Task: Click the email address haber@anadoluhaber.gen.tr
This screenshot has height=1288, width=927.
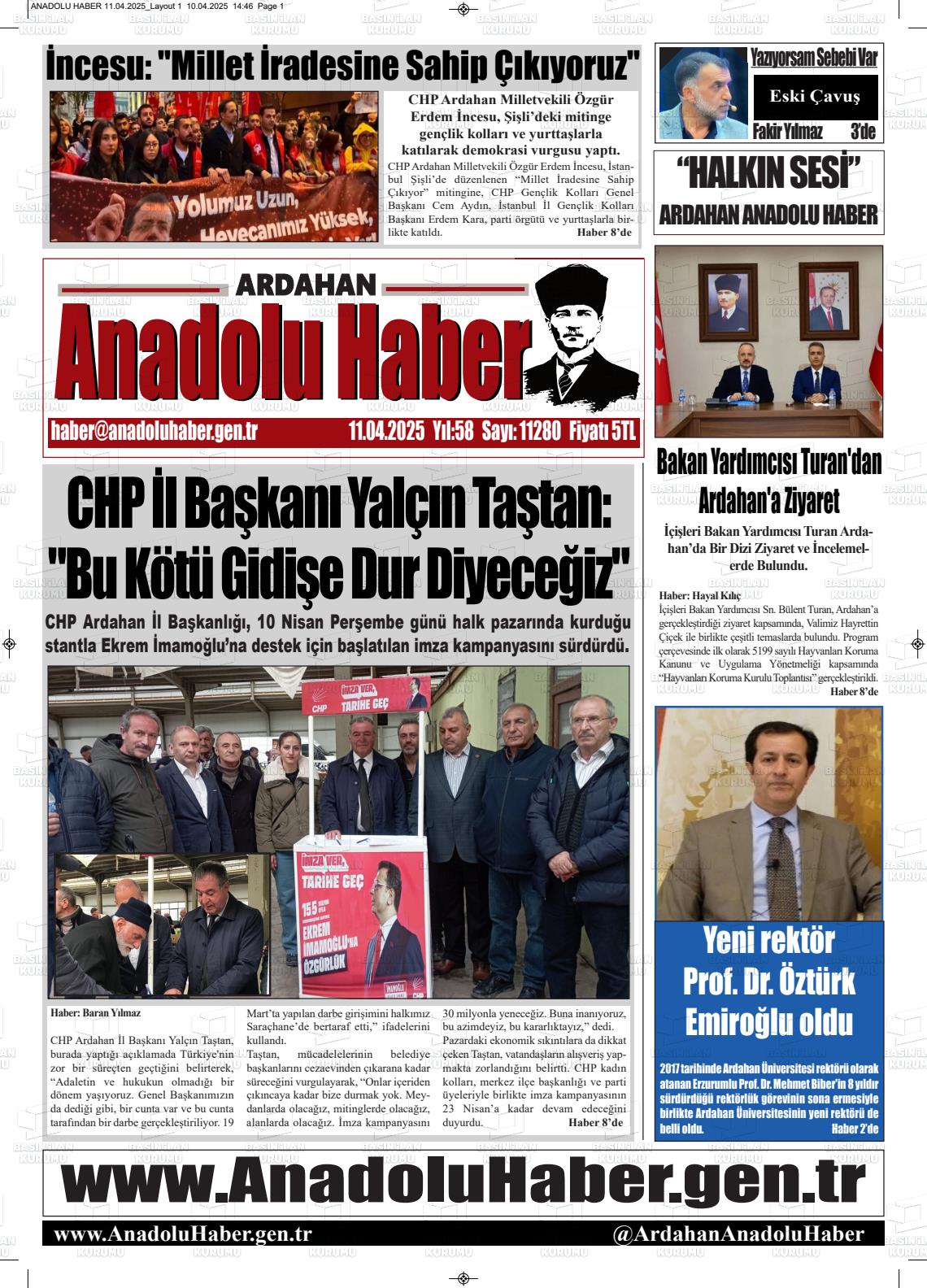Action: pos(154,432)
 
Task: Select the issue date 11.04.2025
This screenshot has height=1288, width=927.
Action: pos(386,432)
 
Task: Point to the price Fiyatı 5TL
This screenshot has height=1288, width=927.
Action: pos(603,432)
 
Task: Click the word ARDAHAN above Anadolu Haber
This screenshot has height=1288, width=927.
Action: pos(305,285)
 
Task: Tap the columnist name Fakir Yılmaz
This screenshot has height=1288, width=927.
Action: pos(787,132)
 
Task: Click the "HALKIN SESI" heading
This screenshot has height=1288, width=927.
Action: pos(768,174)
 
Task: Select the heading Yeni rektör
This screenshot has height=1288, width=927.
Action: pos(768,941)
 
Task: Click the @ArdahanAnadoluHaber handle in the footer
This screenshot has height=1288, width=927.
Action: pos(738,1234)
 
